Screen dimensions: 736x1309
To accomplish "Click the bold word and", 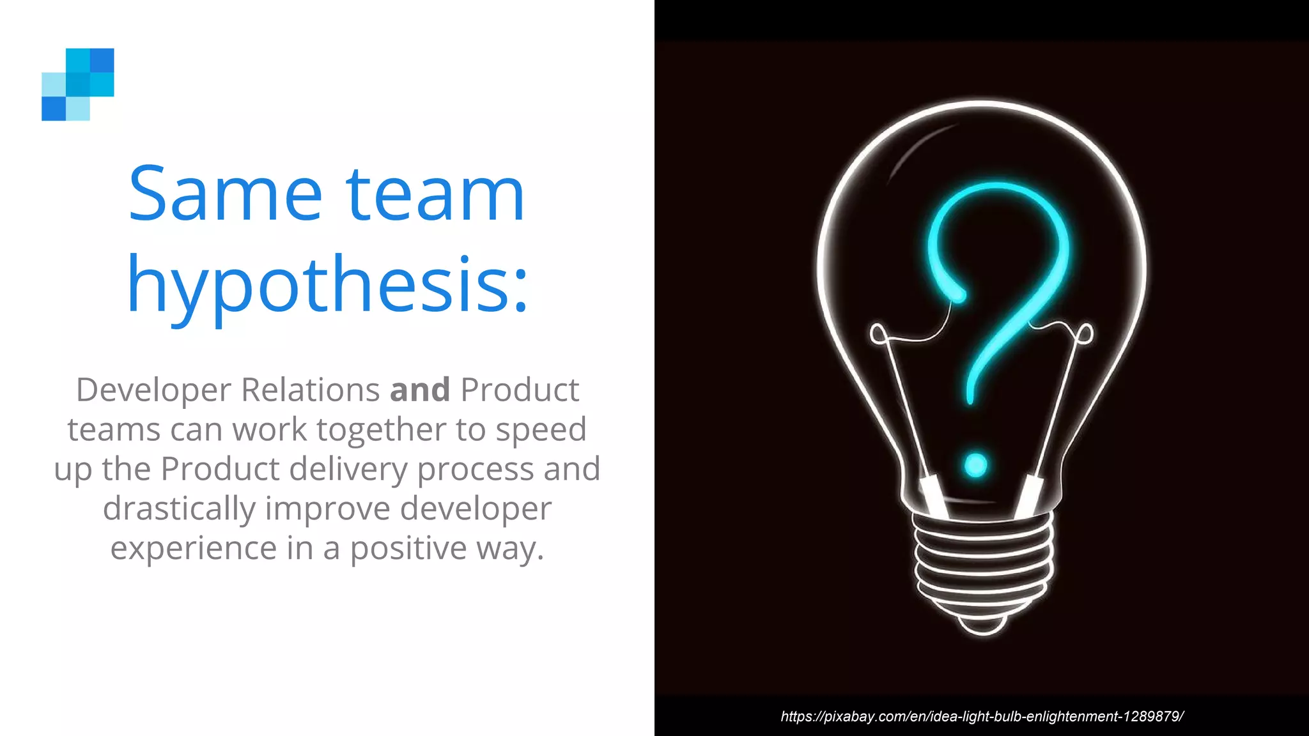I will click(420, 390).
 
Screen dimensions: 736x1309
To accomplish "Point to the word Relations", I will click(310, 390).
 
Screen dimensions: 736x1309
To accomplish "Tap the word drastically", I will click(179, 509).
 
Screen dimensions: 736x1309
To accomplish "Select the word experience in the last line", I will click(194, 549).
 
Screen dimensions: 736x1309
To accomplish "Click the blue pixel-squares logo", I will click(78, 84).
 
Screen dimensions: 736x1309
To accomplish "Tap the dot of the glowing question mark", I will click(975, 465).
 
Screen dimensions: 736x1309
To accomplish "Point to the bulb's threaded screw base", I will click(983, 562).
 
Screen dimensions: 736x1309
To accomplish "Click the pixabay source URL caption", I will click(982, 716).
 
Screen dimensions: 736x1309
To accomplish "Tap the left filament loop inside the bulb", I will click(878, 333).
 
